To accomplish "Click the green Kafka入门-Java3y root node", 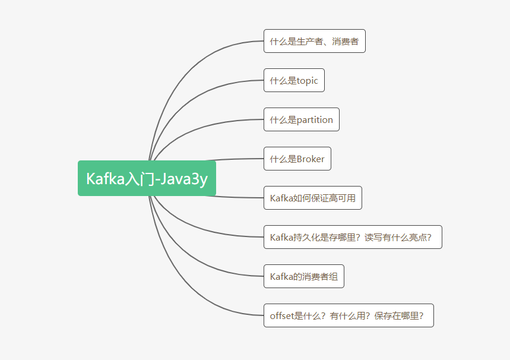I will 147,178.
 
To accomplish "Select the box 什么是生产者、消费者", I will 314,42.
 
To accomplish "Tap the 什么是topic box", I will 294,80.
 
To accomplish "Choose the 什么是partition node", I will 301,119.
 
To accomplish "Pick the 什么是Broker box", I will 297,159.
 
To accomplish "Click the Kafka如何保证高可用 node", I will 312,198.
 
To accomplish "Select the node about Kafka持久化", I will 352,237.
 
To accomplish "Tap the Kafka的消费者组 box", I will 303,276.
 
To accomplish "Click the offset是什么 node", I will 348,315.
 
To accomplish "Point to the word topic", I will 308,81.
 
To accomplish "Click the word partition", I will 315,120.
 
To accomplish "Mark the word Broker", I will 311,159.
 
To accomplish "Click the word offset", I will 282,316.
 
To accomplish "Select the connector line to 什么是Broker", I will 237,159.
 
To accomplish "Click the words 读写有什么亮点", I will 398,238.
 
